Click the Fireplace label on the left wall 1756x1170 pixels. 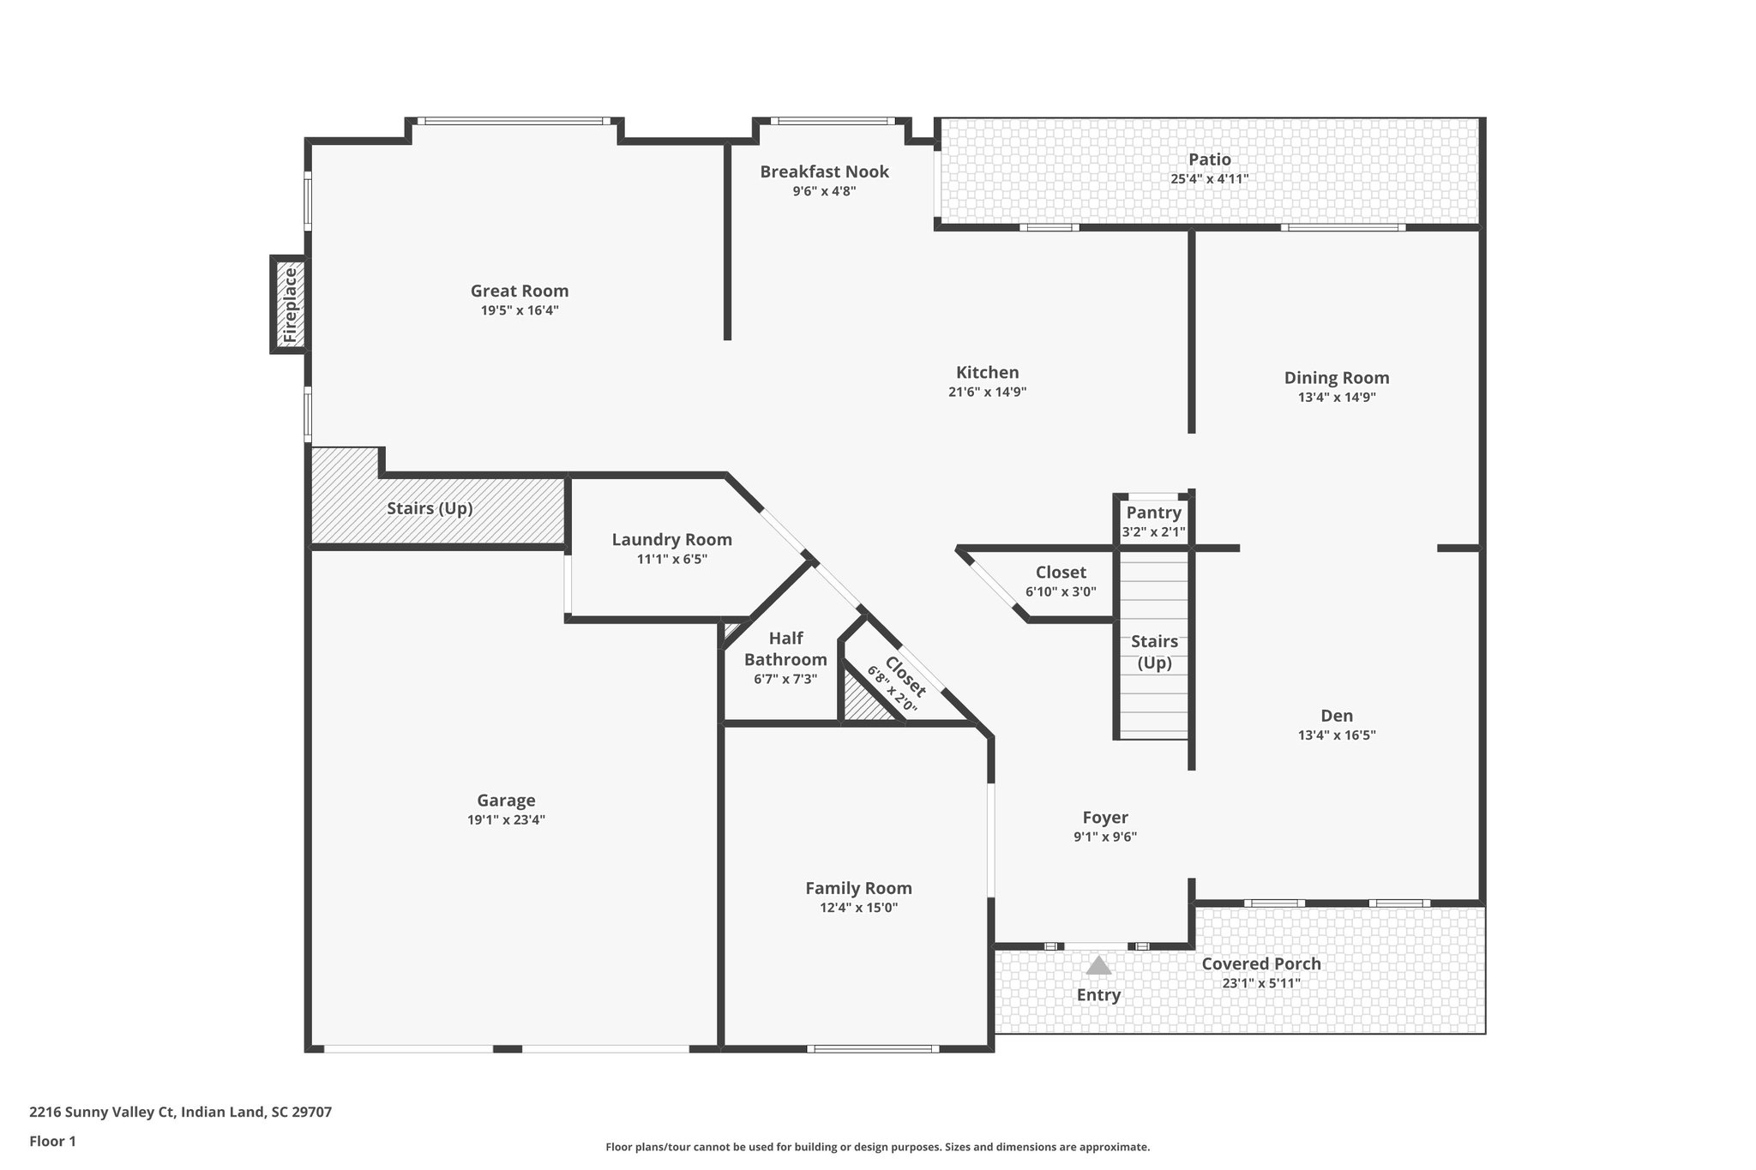pos(290,304)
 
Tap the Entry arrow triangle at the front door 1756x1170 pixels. pos(1098,966)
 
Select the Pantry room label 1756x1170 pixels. pos(1153,513)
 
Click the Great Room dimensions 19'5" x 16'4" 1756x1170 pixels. pos(520,310)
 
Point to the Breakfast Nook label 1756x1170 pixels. pos(824,171)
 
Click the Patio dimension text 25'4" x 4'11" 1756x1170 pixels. pos(1209,179)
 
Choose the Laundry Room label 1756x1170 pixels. pos(671,539)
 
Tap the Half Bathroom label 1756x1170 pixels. pos(785,649)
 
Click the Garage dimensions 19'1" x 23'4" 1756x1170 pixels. pos(506,819)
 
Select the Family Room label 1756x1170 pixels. pos(858,888)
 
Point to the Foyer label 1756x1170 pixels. pos(1104,817)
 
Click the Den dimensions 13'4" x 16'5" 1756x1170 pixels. pos(1337,735)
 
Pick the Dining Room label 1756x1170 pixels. pos(1337,377)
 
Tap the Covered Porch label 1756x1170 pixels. pos(1260,963)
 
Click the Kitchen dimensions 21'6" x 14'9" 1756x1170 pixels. pos(987,392)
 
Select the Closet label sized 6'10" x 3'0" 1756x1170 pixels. pos(1061,572)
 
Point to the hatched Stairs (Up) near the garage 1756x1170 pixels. pos(430,508)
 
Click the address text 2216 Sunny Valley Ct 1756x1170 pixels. pos(180,1112)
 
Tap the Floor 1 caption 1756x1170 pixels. pos(52,1141)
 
